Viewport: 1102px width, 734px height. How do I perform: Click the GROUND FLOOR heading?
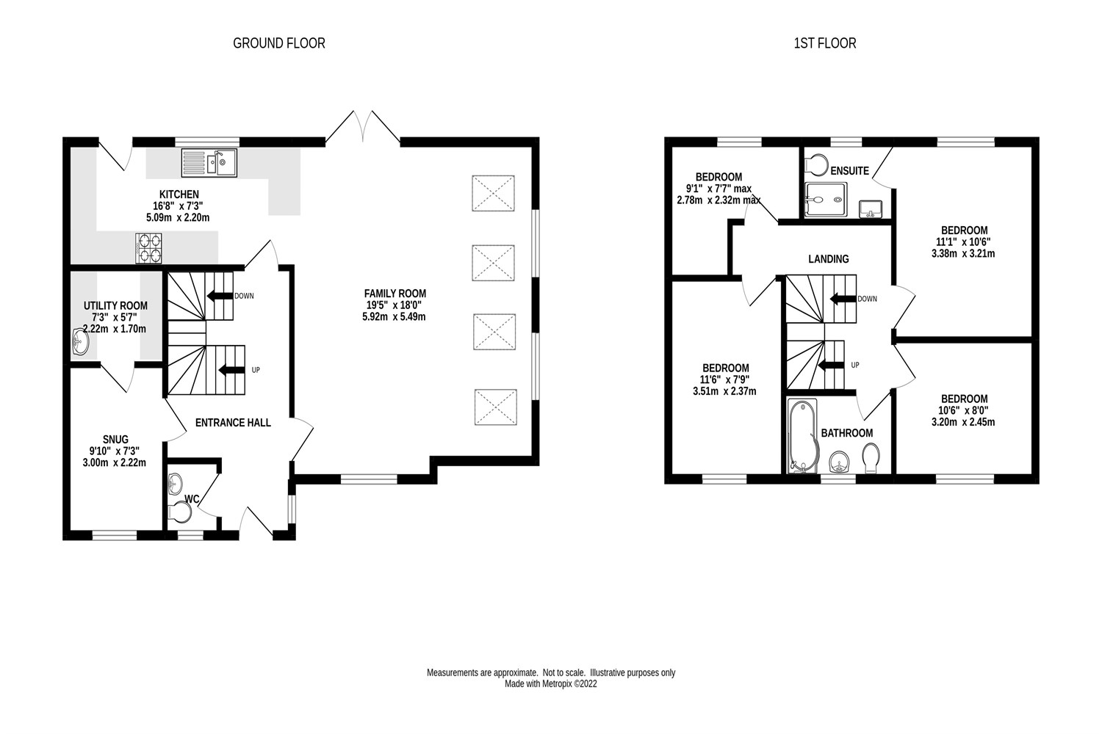coord(278,43)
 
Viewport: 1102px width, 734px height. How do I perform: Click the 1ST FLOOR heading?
coord(824,43)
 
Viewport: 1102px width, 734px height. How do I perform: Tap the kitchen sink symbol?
coord(209,162)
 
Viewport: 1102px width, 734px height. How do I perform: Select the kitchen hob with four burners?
coord(149,247)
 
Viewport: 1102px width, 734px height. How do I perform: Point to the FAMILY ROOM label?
coord(395,294)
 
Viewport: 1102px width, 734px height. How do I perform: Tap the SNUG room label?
coord(115,440)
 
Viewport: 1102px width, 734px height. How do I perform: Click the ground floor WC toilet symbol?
coord(179,511)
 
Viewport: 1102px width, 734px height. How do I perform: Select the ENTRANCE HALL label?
coord(233,423)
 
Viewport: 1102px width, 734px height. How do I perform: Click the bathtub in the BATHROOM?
coord(802,437)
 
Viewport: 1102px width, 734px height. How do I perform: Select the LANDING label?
coord(828,259)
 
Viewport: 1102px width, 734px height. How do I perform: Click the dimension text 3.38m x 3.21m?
coord(962,254)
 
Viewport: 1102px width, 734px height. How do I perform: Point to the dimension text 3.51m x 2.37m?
coord(724,391)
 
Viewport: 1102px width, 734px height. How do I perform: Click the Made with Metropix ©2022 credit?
coord(550,684)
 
